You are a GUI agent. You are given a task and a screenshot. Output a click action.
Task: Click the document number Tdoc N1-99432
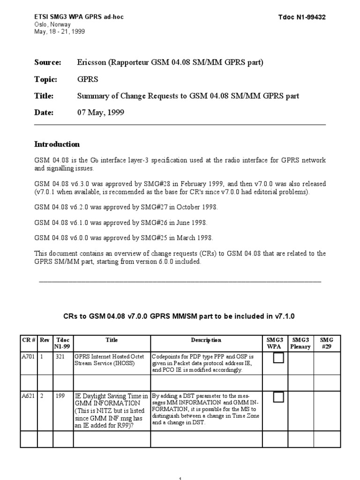pos(302,17)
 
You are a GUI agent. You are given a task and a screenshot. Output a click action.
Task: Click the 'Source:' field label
pos(48,62)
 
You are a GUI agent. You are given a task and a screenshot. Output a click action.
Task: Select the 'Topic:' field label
pos(45,79)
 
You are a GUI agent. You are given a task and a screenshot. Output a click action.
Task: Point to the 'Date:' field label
pos(44,112)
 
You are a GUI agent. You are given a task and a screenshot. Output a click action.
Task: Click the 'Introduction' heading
pos(57,144)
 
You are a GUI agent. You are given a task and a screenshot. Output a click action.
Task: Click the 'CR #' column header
pos(29,340)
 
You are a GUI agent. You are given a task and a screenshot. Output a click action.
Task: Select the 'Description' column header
pos(206,340)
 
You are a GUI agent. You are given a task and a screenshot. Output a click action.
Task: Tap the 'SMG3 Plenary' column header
pos(300,344)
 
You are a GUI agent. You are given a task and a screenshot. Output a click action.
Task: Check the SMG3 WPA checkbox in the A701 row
pos(278,359)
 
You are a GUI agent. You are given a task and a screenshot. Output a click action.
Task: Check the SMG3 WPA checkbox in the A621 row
pos(278,397)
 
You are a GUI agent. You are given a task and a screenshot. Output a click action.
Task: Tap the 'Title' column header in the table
pos(112,340)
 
